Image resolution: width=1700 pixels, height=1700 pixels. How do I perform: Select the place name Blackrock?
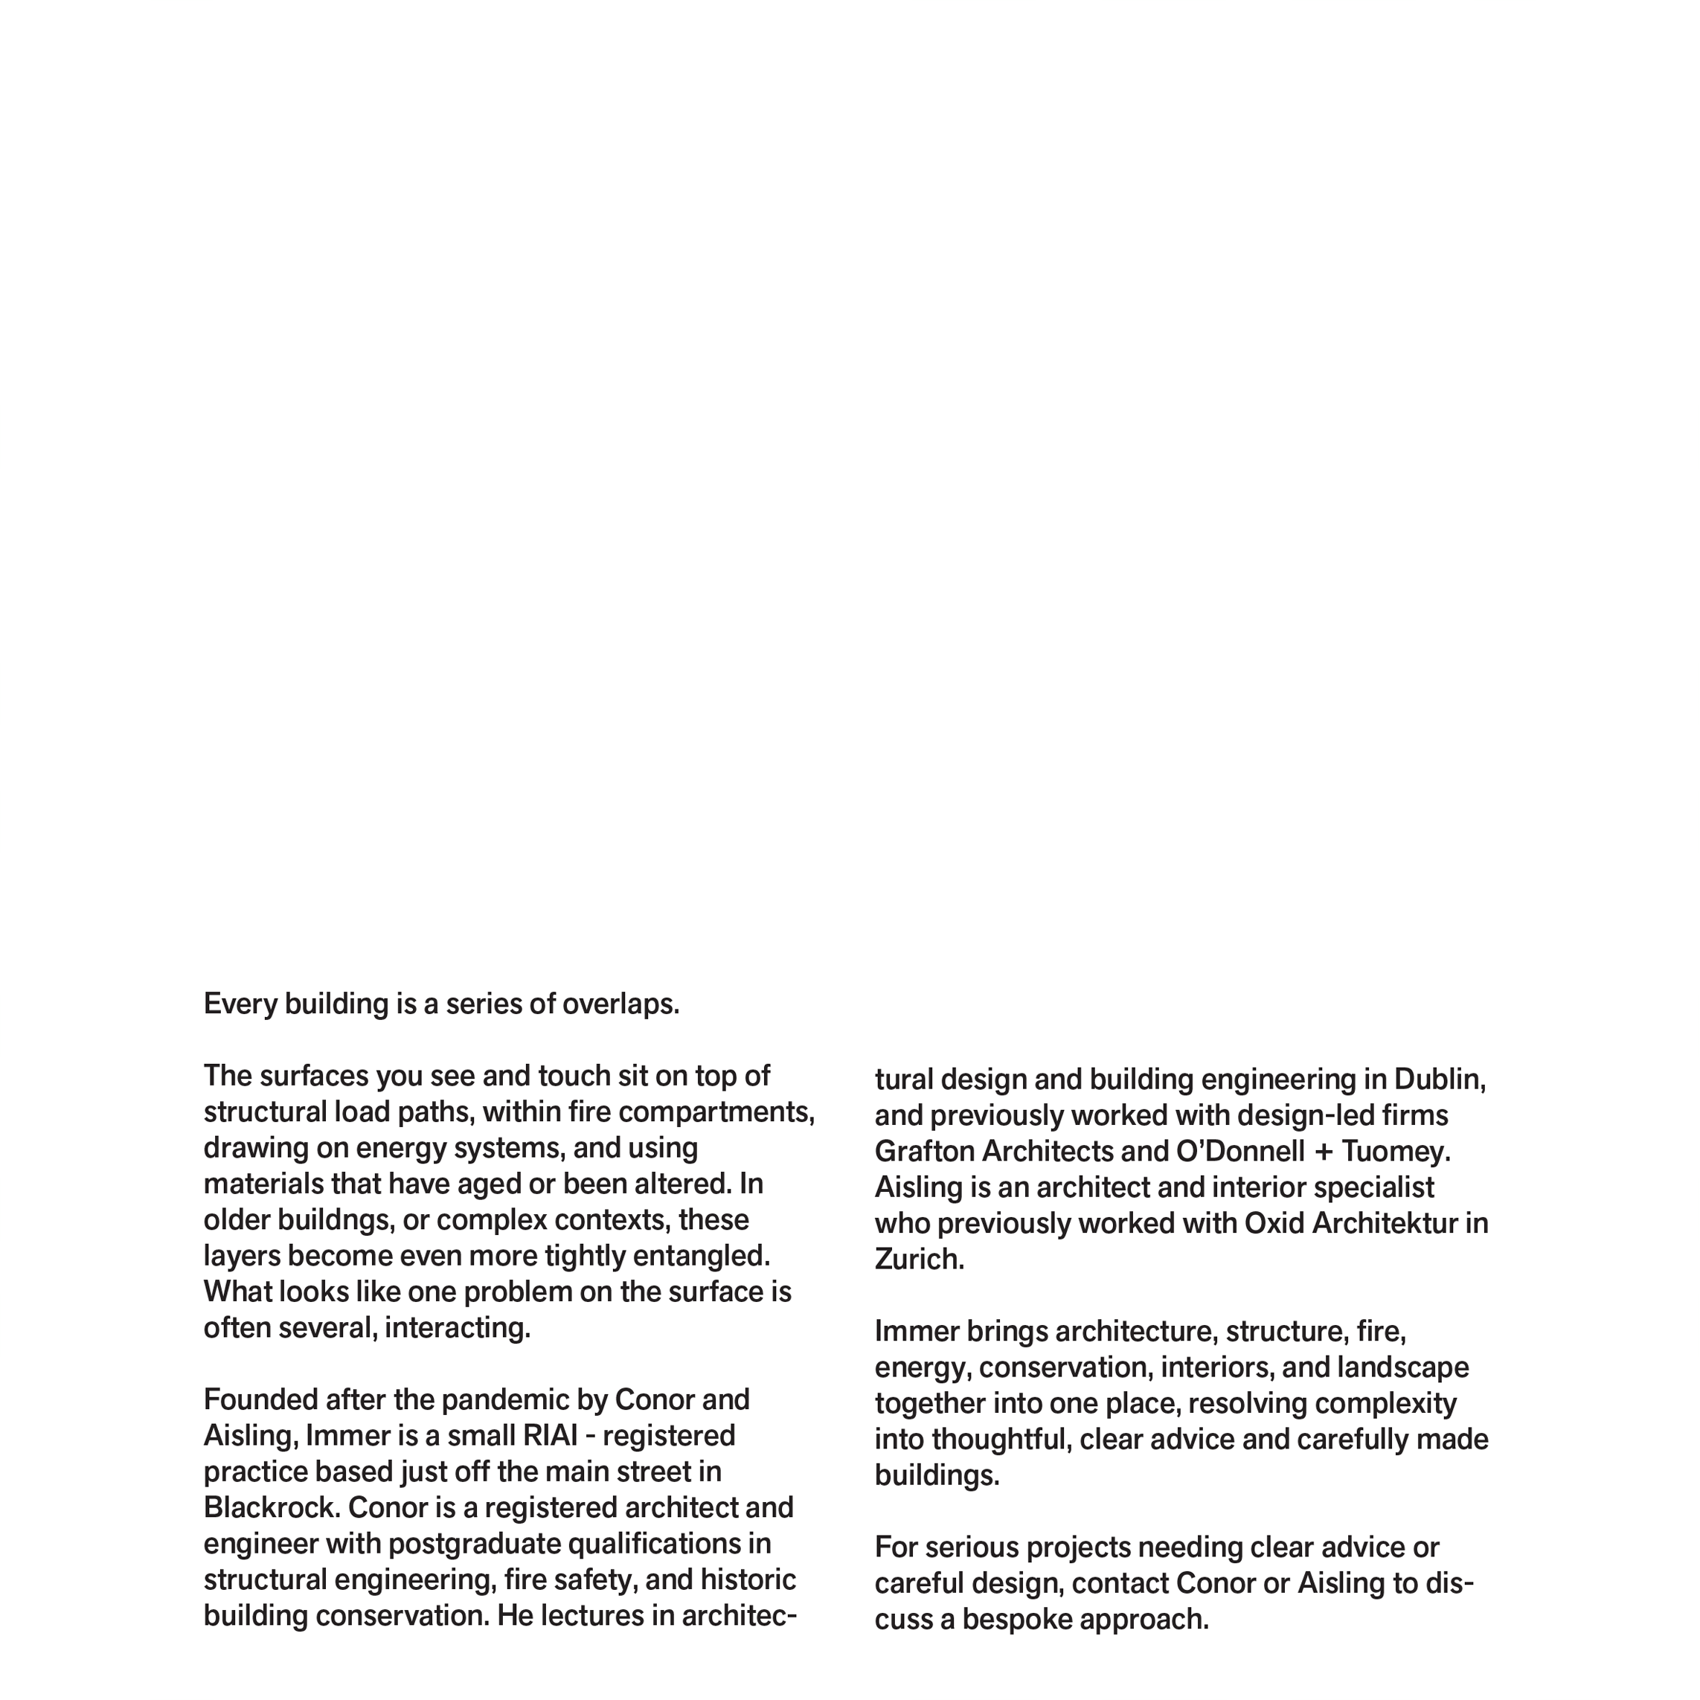[x=271, y=1508]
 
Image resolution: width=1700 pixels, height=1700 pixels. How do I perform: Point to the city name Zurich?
[x=919, y=1260]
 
